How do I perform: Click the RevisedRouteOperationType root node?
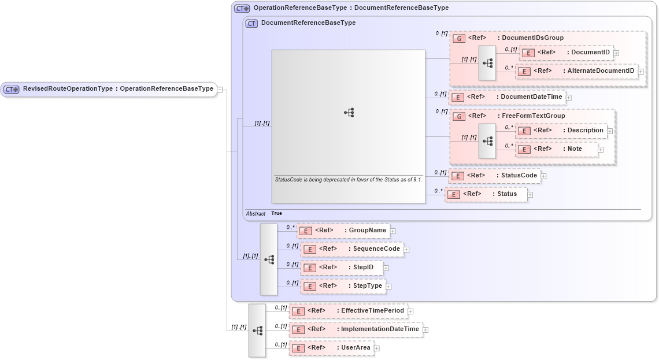coord(109,89)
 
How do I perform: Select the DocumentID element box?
coord(566,53)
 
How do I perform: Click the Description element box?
coord(561,131)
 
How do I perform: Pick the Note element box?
coord(556,149)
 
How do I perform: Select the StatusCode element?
coord(494,176)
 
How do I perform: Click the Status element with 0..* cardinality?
coord(486,194)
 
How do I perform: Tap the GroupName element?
coord(343,231)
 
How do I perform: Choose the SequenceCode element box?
coord(351,249)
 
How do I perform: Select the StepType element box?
coord(343,286)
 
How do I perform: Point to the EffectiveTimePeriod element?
coord(348,311)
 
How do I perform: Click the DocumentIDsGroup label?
coord(532,38)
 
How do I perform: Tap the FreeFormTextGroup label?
coord(533,116)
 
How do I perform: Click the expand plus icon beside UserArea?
coord(377,348)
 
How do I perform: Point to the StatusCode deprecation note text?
coord(348,180)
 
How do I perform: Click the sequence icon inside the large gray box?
coord(349,113)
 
